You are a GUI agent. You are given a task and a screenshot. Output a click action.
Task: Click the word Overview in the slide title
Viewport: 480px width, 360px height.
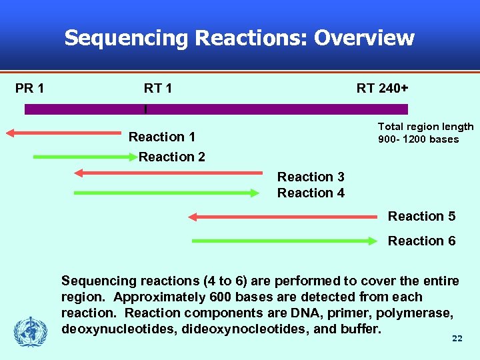[x=364, y=38]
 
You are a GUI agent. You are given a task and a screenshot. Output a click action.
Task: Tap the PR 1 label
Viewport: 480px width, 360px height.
[x=30, y=88]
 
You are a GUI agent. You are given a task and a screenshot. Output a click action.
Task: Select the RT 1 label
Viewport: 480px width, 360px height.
[x=158, y=88]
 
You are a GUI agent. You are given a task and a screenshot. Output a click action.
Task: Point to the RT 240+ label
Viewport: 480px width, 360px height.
[x=383, y=88]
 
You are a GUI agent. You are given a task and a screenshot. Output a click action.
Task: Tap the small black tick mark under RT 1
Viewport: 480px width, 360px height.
[x=145, y=108]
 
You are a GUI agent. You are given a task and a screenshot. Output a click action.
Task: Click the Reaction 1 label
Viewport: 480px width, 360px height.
[x=162, y=137]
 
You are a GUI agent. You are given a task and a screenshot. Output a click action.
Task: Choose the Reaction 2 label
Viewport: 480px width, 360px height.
[x=172, y=157]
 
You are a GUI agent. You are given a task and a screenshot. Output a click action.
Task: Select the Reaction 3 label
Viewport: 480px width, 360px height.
[x=311, y=177]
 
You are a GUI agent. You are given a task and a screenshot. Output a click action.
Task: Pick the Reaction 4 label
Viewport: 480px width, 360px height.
[x=311, y=193]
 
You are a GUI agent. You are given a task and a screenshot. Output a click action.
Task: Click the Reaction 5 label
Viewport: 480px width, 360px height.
[x=421, y=216]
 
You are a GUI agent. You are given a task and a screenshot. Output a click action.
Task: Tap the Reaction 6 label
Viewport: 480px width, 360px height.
[x=421, y=241]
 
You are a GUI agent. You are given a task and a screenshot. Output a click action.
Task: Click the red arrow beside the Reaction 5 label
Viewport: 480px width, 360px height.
[x=283, y=217]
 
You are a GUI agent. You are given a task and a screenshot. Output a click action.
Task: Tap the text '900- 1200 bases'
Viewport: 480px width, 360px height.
[x=418, y=139]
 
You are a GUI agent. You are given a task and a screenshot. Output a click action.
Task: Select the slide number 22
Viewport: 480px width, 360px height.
[x=457, y=339]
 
